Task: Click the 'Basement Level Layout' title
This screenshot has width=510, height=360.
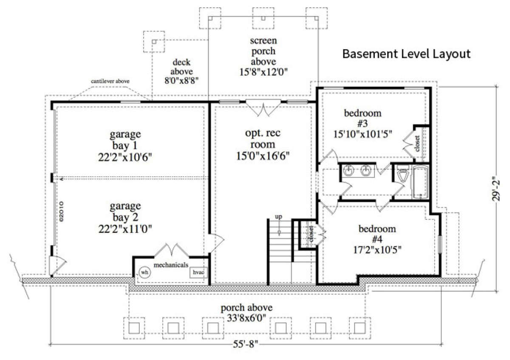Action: pos(406,54)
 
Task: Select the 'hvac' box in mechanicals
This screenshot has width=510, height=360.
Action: pos(198,272)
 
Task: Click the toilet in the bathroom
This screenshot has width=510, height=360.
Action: pos(403,174)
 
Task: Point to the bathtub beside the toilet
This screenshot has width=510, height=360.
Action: pos(420,183)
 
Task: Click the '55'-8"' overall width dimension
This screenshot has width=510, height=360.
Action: pos(246,344)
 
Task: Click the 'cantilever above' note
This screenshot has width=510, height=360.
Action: pos(110,81)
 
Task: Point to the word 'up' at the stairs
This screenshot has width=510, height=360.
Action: pos(279,216)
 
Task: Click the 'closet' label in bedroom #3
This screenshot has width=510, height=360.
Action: pos(417,144)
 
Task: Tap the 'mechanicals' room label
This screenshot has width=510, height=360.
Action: pos(171,265)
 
